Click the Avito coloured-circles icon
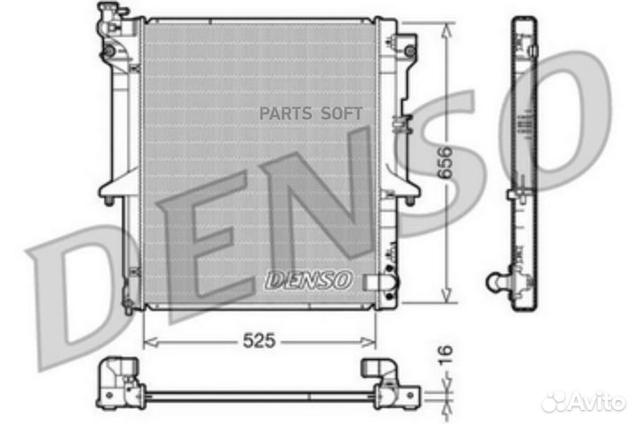point(557,402)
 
